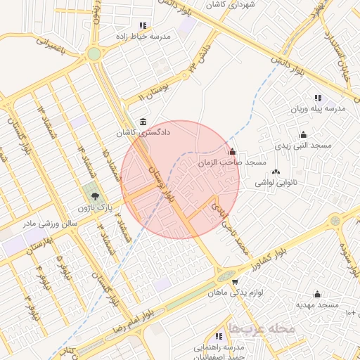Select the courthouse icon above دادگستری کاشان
point(143,121)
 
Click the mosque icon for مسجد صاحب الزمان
point(233,151)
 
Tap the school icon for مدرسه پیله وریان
point(318,98)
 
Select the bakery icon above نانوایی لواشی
point(275,171)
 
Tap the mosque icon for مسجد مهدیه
point(317,295)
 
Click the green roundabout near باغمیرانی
point(94,54)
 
